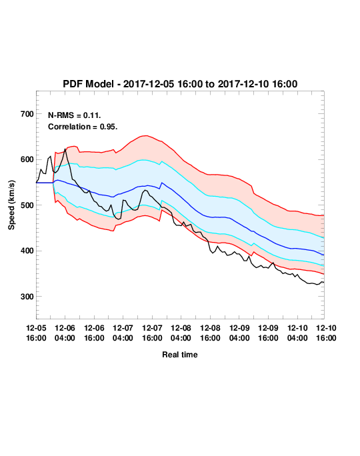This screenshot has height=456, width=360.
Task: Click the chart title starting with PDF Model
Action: [x=180, y=84]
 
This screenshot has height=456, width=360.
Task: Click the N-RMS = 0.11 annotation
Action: [x=75, y=115]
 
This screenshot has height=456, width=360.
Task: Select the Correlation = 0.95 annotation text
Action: [x=83, y=127]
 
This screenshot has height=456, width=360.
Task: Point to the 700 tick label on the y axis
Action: [x=27, y=114]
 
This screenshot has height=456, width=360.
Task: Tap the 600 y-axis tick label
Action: [x=27, y=159]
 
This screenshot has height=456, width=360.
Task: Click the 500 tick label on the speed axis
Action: [x=27, y=205]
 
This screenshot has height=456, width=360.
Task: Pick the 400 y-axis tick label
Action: [x=27, y=251]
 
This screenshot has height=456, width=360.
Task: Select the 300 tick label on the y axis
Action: [x=27, y=297]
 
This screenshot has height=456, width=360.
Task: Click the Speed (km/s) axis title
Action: [x=11, y=205]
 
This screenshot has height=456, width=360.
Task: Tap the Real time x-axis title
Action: [x=180, y=355]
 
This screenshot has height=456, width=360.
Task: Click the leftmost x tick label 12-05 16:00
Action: [x=36, y=333]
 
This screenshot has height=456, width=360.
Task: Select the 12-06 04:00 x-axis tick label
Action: [x=65, y=333]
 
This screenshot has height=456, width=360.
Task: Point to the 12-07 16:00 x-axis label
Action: [x=152, y=333]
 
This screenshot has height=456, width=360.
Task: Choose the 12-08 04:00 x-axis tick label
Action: [x=181, y=333]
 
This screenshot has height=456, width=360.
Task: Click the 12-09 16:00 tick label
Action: [x=268, y=333]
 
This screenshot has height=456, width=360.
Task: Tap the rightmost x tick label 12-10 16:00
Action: [x=326, y=333]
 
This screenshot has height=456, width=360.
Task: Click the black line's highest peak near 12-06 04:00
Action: [x=65, y=149]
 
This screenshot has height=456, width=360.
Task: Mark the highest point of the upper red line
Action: [x=146, y=135]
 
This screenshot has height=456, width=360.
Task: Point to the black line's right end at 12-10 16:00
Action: [x=324, y=282]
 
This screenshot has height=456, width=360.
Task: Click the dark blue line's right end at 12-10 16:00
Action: [x=324, y=255]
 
